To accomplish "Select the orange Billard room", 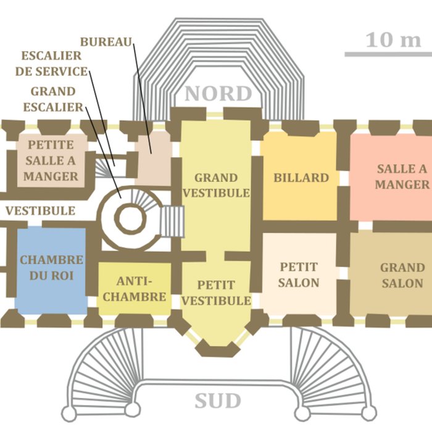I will pos(300,178).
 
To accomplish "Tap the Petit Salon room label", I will pos(299,275).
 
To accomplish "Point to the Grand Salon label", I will pos(402,275).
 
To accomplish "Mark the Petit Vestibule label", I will pos(216,293).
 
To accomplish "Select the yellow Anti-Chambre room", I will pos(135,288).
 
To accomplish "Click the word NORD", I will pos(218,94).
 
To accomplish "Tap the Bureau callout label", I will pos(106,42).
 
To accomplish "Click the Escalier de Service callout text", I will pos(51,63).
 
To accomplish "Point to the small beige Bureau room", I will pos(153,157).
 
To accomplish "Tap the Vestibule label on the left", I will pos(41,211).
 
